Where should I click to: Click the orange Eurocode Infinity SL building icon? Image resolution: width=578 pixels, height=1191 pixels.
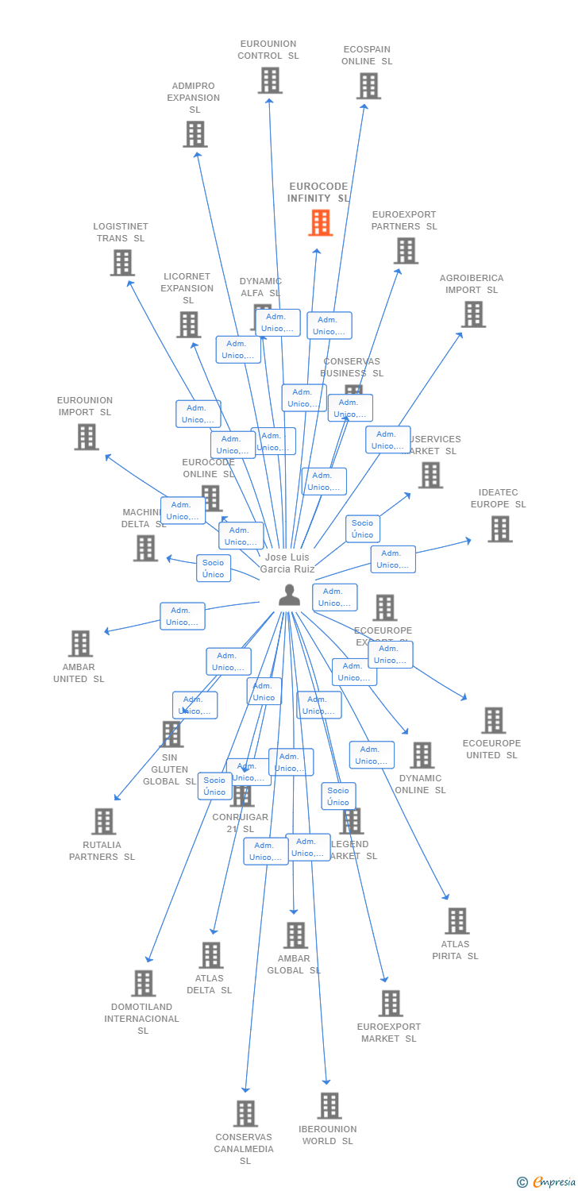click(320, 223)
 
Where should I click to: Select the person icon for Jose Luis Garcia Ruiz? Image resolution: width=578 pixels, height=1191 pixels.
click(289, 595)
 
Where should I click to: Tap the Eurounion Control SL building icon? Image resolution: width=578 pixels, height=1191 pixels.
click(270, 80)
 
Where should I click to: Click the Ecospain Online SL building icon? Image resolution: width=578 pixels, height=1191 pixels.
click(368, 86)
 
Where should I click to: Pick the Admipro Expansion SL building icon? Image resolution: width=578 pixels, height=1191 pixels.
click(195, 134)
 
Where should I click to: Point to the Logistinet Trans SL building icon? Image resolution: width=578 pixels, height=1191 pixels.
click(121, 263)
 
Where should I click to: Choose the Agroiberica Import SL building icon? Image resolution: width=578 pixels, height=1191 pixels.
click(473, 314)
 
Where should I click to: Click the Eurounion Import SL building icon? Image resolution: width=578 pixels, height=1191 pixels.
click(86, 437)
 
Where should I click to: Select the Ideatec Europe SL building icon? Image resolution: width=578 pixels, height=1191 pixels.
click(499, 529)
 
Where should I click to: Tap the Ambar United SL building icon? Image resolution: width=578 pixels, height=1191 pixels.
click(80, 644)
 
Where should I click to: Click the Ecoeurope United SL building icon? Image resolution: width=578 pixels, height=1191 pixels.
click(493, 720)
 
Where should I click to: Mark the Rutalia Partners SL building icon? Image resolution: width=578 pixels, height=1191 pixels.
click(103, 822)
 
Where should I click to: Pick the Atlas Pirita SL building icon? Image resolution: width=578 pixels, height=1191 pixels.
click(457, 921)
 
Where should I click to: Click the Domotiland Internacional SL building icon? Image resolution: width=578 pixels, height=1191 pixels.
click(143, 984)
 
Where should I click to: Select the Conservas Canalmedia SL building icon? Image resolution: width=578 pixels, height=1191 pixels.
click(245, 1113)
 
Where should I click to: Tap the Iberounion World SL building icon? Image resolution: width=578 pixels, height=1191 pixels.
click(329, 1105)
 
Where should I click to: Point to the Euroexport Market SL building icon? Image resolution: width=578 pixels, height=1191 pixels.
click(390, 1004)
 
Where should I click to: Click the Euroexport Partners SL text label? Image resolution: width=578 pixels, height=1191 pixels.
click(404, 221)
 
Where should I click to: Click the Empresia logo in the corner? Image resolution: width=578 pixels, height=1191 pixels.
click(547, 1182)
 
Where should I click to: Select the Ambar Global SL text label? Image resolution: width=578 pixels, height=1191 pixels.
click(294, 965)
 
